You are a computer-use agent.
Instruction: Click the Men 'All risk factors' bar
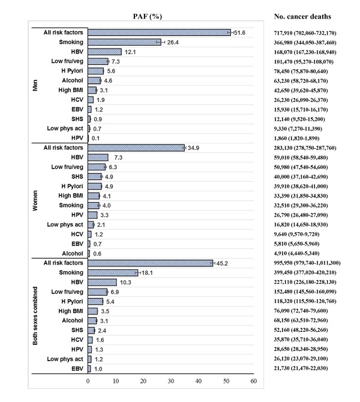click(159, 32)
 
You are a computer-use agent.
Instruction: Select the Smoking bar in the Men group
click(124, 42)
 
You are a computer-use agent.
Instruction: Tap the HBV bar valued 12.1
click(104, 52)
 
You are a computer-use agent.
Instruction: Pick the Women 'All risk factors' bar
click(136, 148)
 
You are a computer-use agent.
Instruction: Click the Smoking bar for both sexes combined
click(113, 272)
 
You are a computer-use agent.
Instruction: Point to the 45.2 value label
click(222, 263)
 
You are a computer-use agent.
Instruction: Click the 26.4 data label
click(173, 43)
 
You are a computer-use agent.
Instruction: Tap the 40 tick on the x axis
click(199, 381)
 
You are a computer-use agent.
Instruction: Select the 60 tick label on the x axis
click(254, 381)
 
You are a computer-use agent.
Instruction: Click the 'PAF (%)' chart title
click(148, 17)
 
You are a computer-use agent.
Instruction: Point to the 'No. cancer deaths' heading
click(302, 16)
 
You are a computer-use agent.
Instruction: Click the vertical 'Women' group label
click(35, 200)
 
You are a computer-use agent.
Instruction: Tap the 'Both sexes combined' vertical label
click(35, 316)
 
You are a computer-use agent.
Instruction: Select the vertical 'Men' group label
click(35, 85)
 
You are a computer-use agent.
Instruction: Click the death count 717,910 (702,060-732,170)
click(305, 33)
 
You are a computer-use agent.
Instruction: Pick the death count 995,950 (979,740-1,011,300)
click(307, 263)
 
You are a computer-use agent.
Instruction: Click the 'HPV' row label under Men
click(77, 138)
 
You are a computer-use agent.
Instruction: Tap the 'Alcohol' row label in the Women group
click(73, 253)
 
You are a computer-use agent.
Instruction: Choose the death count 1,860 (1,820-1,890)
click(296, 138)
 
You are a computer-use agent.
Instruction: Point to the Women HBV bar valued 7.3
click(98, 157)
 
